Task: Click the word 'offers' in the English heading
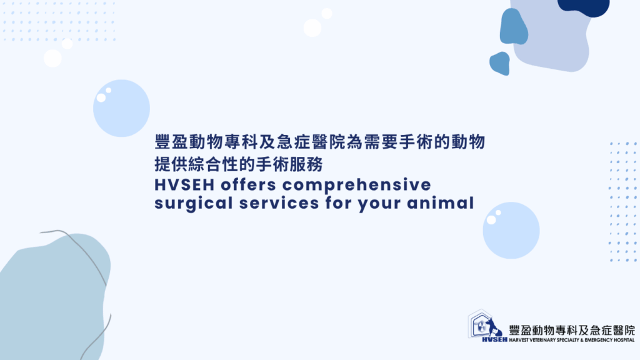pos(249,184)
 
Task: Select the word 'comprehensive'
pos(357,185)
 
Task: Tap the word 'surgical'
pos(194,203)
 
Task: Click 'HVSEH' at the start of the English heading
pos(184,185)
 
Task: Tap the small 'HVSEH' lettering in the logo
pos(495,339)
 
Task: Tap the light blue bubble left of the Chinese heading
pos(122,108)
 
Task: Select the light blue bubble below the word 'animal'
pos(511,230)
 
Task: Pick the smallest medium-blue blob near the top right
pos(500,64)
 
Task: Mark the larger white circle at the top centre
pos(312,28)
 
